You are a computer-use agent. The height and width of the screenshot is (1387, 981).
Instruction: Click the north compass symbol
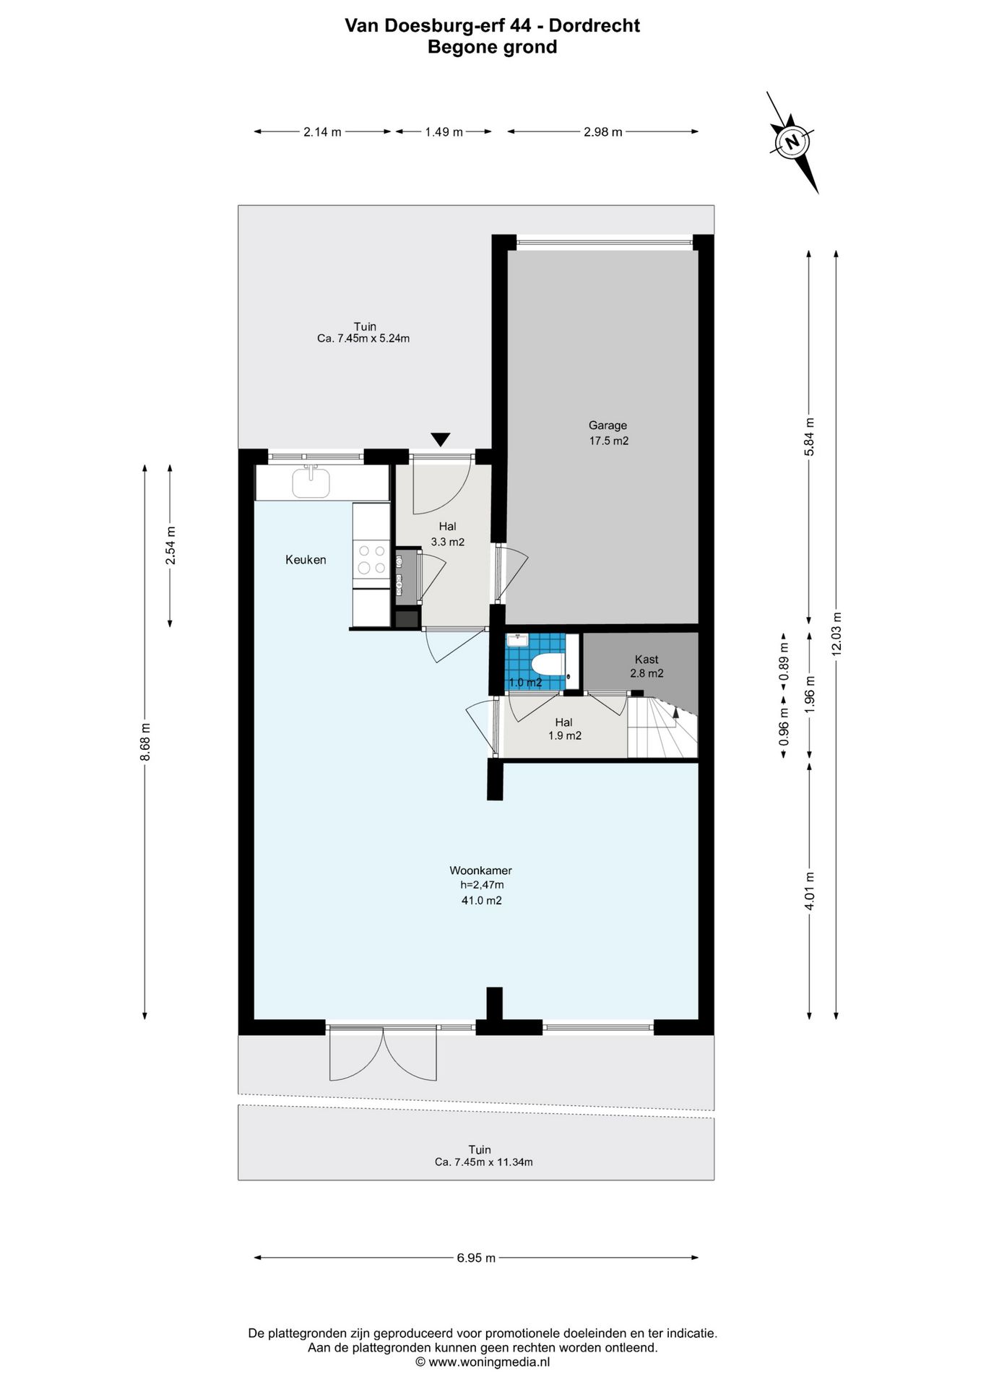pyautogui.click(x=792, y=142)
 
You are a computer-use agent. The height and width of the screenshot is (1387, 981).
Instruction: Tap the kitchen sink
pyautogui.click(x=311, y=482)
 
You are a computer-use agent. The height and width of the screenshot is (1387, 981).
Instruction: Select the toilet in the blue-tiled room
pyautogui.click(x=548, y=662)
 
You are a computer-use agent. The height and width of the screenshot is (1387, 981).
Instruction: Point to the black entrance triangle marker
pyautogui.click(x=441, y=439)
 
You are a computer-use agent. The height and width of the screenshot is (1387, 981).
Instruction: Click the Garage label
pyautogui.click(x=608, y=425)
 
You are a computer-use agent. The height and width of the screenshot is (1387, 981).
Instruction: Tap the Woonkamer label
pyautogui.click(x=480, y=870)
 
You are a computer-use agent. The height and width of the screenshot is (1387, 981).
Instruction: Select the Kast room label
pyautogui.click(x=647, y=659)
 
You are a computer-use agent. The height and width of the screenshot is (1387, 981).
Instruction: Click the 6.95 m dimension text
pyautogui.click(x=476, y=1258)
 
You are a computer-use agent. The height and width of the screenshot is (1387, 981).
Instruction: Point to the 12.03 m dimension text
pyautogui.click(x=837, y=634)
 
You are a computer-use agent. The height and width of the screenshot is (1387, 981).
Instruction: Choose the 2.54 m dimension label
pyautogui.click(x=170, y=546)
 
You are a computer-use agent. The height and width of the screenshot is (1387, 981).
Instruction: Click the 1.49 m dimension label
pyautogui.click(x=444, y=131)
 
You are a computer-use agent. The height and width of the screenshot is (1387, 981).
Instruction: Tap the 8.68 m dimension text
pyautogui.click(x=145, y=741)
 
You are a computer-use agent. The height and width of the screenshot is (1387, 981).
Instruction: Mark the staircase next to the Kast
pyautogui.click(x=662, y=727)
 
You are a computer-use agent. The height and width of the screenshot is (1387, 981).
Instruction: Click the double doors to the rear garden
pyautogui.click(x=383, y=1053)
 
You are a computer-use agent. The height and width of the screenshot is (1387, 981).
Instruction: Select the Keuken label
pyautogui.click(x=306, y=560)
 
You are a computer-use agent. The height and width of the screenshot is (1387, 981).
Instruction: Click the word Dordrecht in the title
pyautogui.click(x=595, y=26)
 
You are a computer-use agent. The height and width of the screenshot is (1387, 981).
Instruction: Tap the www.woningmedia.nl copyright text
pyautogui.click(x=483, y=1362)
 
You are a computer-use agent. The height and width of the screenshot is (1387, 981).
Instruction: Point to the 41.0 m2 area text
pyautogui.click(x=481, y=900)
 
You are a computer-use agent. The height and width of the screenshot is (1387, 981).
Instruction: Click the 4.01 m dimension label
pyautogui.click(x=809, y=891)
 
